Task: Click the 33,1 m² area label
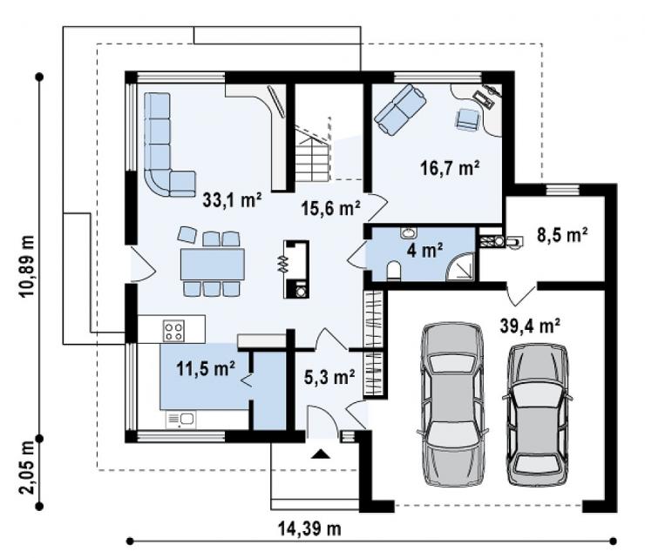coord(232,200)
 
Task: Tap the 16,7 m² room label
coord(450,168)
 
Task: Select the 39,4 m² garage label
coord(530,326)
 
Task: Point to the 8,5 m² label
coord(562,235)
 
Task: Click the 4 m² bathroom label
coord(425,250)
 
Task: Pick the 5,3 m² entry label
coord(329,377)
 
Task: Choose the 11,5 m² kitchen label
coord(206,368)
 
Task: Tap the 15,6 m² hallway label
coord(331,208)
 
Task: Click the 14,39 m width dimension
coord(309,528)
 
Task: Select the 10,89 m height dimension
coord(28,267)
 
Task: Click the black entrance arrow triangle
coord(321,454)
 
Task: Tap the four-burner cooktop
coord(173,331)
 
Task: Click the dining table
coord(213,265)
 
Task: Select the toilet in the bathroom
coord(394,271)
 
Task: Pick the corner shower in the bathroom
coord(461,267)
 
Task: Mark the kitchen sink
coord(181,420)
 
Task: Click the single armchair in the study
coord(468,120)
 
